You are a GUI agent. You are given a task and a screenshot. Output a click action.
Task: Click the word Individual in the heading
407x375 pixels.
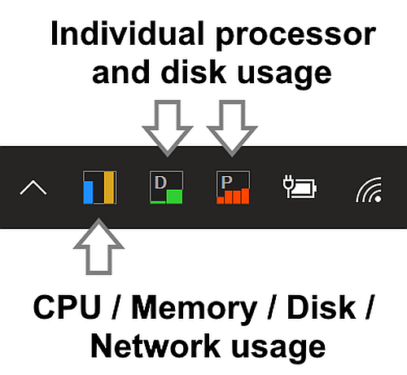tap(127, 33)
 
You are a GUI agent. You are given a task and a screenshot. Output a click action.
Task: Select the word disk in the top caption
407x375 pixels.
tap(194, 71)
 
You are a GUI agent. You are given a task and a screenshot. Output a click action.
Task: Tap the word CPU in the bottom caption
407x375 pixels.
tap(67, 307)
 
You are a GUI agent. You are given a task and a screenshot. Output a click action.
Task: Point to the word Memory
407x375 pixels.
tap(194, 310)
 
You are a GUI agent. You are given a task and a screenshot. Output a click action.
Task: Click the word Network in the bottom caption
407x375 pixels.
tap(155, 346)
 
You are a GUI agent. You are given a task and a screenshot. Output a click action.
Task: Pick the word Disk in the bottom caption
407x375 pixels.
tap(322, 307)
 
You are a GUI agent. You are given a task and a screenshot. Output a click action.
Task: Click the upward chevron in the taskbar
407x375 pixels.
tap(33, 187)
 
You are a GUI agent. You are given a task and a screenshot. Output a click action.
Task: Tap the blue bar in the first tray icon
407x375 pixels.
tap(88, 192)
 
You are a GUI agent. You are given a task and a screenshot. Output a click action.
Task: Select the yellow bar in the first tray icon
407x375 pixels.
tap(109, 187)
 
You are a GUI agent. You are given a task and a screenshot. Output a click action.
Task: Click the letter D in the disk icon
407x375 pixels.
tap(160, 182)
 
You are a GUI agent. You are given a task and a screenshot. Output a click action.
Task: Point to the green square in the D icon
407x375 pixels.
tap(174, 196)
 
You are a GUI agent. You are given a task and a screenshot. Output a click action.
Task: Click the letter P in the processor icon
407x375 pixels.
tap(226, 182)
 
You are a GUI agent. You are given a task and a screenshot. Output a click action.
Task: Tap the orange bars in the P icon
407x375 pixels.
tap(233, 196)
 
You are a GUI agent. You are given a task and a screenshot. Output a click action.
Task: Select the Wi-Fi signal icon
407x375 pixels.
tap(369, 190)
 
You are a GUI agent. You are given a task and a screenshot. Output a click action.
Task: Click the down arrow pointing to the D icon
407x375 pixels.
tap(168, 128)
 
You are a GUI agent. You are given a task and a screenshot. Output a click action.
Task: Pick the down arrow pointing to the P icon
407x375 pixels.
tap(232, 128)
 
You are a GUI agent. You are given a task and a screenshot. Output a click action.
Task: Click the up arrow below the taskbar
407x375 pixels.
tap(98, 246)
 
